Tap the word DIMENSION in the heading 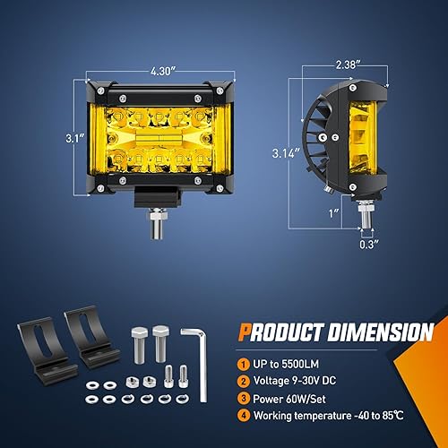point(384,332)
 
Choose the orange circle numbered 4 point(244,415)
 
